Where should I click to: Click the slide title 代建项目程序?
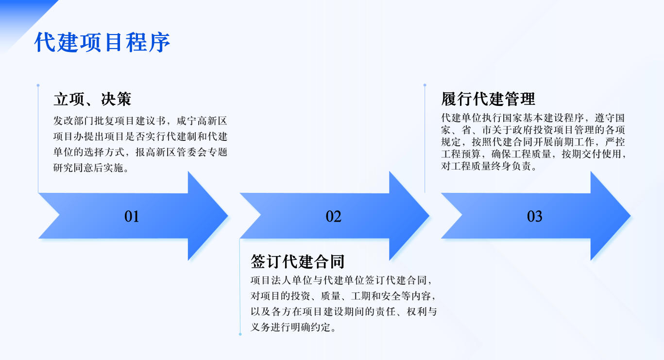click(102, 42)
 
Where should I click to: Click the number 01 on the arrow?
click(132, 216)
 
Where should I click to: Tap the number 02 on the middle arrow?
click(333, 216)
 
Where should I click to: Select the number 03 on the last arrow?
click(534, 216)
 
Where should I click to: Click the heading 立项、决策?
click(92, 99)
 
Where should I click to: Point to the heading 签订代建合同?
click(297, 261)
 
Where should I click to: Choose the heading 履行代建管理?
click(488, 99)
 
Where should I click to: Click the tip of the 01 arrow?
click(228, 216)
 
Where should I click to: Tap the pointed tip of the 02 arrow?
click(429, 216)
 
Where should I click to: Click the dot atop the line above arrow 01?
click(38, 86)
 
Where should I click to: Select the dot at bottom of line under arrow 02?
click(240, 334)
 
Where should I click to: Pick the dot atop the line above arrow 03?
click(425, 85)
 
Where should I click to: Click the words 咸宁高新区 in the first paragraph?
click(202, 120)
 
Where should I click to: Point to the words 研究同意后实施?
click(88, 168)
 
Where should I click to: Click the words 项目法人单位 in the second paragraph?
click(281, 280)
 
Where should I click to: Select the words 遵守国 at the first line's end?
click(610, 118)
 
